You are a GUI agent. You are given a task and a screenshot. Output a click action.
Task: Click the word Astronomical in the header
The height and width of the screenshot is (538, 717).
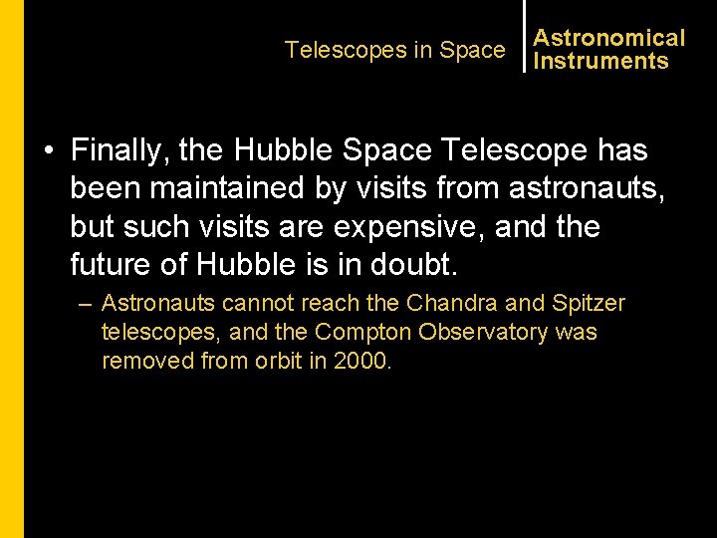(608, 38)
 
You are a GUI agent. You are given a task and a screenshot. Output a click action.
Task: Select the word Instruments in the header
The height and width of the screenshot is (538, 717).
(600, 61)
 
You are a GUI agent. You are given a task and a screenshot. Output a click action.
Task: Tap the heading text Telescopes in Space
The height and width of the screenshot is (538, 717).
(394, 50)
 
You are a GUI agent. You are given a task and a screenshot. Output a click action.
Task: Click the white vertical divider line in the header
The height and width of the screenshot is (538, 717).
(524, 36)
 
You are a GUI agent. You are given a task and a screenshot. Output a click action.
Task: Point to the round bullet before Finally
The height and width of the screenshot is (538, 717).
(48, 152)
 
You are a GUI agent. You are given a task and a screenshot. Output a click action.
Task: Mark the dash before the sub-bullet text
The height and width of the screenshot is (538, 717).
(87, 303)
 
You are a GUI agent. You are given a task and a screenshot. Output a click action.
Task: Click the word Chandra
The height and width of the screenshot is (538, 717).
(471, 303)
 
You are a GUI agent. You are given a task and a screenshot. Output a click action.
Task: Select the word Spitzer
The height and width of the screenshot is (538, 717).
(589, 303)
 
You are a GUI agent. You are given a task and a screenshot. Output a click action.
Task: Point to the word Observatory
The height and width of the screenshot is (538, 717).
(477, 332)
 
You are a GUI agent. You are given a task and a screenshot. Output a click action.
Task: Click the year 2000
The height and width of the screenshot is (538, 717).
(362, 361)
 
